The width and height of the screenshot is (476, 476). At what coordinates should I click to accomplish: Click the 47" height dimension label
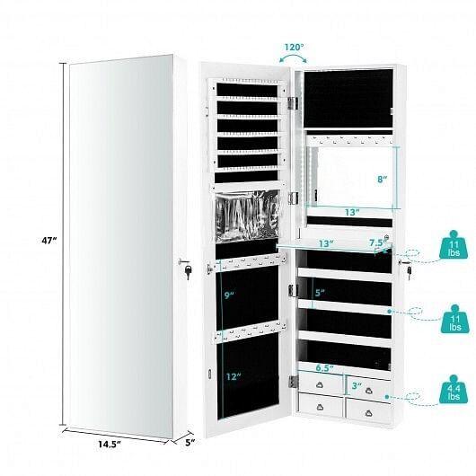coord(49,241)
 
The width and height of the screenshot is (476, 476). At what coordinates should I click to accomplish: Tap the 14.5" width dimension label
coord(110,445)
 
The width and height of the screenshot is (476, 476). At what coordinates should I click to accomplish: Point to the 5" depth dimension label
coord(190,442)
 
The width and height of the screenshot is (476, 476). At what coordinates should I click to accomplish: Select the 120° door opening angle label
coord(294,48)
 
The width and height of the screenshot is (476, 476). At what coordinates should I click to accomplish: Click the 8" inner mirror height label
coord(383,179)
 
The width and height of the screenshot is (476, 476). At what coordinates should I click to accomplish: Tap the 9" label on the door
coord(230,295)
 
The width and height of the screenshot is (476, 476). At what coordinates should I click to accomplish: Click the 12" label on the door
coord(234,376)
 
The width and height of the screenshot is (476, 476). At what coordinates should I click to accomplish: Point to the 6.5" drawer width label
coord(324,368)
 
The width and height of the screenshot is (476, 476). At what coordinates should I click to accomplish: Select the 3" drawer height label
coord(357,386)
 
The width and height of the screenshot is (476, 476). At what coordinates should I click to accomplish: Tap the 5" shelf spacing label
coord(320,293)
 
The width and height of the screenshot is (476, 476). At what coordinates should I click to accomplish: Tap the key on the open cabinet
coord(410,271)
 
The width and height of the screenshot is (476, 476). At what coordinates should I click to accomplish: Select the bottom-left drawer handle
coord(320,407)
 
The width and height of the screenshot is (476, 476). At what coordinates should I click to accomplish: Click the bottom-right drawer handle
coord(369,413)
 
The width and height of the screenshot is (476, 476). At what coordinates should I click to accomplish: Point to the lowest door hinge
coord(293,382)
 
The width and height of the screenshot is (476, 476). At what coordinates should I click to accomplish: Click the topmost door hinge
coord(293,103)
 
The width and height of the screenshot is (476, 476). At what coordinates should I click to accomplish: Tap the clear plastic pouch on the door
coord(247,216)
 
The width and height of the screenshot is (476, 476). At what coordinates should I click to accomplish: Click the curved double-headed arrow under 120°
coord(293,56)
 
